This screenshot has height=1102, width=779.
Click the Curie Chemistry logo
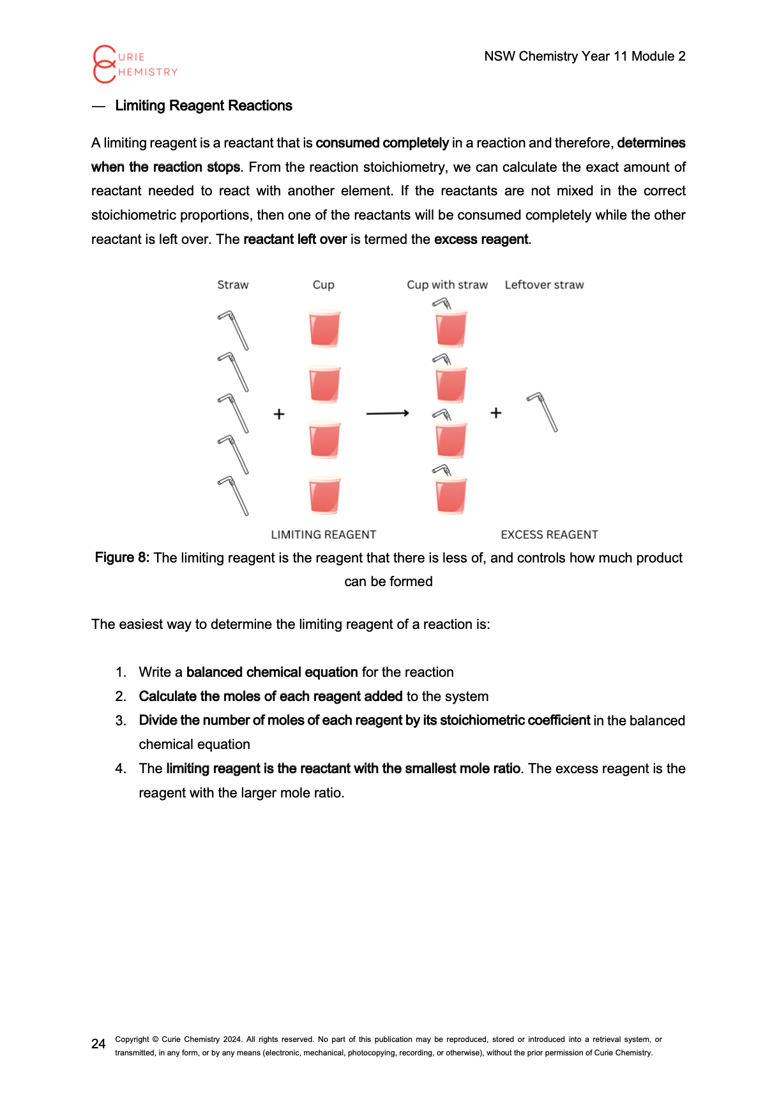click(x=134, y=64)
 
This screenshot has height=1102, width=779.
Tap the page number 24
click(x=98, y=1044)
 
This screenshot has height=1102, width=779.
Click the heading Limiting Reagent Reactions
click(x=203, y=106)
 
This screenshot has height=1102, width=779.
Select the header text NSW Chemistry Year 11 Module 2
click(x=584, y=56)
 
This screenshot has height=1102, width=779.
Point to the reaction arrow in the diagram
click(x=387, y=414)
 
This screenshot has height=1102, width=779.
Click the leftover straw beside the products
click(x=543, y=412)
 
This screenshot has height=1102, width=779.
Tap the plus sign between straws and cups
click(x=279, y=414)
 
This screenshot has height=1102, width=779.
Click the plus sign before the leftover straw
click(x=495, y=413)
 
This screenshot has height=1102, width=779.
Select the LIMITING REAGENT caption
click(x=323, y=535)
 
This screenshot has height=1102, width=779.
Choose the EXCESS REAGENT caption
click(x=549, y=535)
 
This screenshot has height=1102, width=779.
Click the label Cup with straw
click(x=447, y=285)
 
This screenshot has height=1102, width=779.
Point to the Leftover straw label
click(x=544, y=285)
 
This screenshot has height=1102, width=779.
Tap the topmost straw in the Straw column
click(x=233, y=330)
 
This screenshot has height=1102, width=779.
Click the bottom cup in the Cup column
click(x=324, y=495)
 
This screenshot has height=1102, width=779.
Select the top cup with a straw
click(x=450, y=326)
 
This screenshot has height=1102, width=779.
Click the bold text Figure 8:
click(x=122, y=557)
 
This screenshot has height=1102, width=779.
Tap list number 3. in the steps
click(x=121, y=721)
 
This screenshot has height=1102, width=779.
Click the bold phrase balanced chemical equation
click(x=272, y=672)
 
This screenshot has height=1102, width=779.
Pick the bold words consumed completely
click(x=382, y=143)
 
